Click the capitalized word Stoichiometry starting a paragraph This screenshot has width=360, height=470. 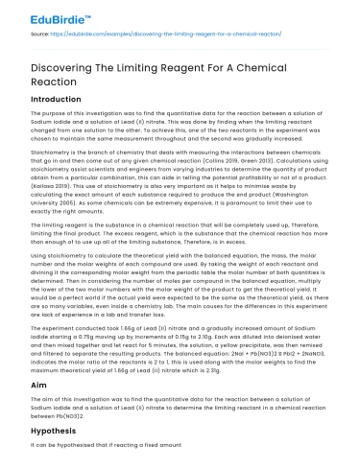(x=45, y=152)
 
